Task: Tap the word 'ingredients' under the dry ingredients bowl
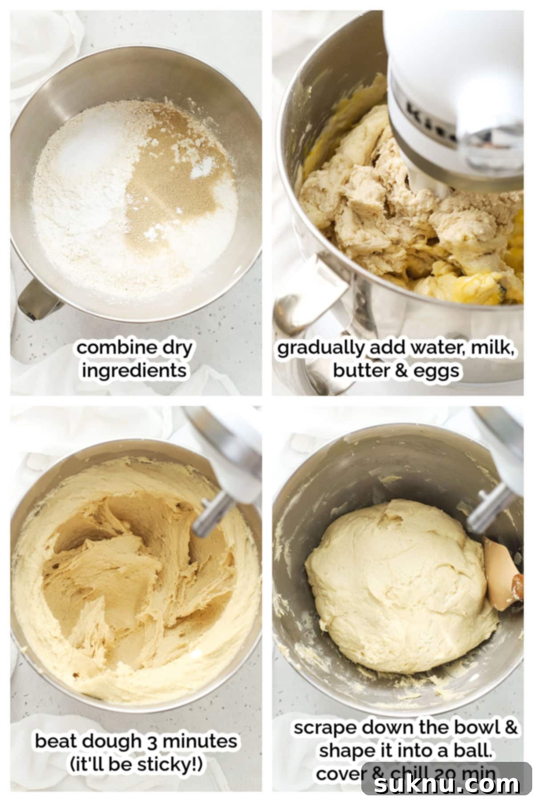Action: click(134, 370)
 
